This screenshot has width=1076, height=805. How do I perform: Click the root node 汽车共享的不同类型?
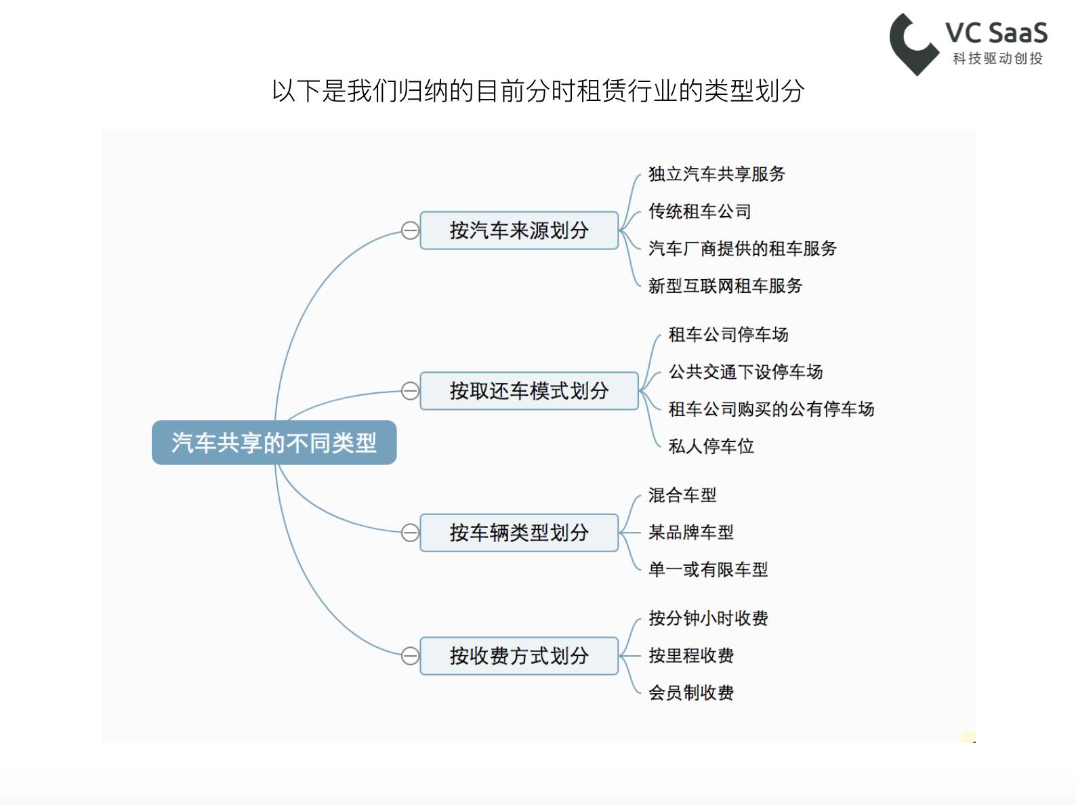(274, 442)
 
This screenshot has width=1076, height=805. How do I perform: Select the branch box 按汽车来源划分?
(519, 230)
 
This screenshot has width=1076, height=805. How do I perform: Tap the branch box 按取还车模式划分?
(529, 391)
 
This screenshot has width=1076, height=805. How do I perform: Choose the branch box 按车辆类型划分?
(519, 533)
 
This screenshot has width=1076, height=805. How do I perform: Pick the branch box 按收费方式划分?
(519, 656)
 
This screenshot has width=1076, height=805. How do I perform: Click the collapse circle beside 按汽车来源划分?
(410, 230)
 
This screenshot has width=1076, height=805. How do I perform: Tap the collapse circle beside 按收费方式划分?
(410, 656)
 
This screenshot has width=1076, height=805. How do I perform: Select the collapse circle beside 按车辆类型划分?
(410, 533)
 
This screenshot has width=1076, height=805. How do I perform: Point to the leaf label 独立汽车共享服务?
(716, 174)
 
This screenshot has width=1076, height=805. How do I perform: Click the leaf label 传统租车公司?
(699, 211)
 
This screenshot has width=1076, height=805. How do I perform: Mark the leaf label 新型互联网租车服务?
(725, 286)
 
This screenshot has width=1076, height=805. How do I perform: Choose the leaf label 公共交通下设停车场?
(745, 372)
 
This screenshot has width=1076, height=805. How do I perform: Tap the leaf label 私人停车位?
(711, 447)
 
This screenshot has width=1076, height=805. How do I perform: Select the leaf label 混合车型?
(682, 495)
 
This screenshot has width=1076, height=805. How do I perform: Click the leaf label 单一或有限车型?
(708, 570)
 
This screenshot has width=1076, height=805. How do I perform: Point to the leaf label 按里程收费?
(691, 656)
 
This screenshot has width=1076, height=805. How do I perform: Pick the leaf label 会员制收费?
(691, 693)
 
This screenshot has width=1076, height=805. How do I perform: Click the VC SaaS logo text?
(996, 33)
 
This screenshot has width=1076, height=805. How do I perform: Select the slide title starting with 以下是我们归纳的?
(538, 91)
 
